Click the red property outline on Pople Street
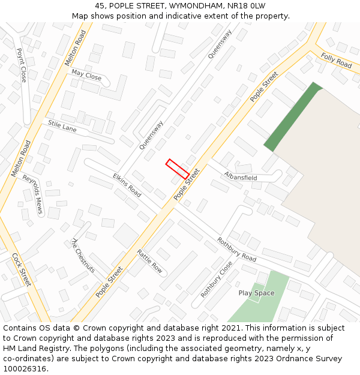(178, 169)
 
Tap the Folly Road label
(336, 60)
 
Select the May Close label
(86, 75)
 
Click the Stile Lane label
(62, 126)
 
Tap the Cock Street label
(22, 269)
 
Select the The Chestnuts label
(83, 256)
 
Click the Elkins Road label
(127, 185)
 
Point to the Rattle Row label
(149, 261)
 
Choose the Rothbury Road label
(236, 250)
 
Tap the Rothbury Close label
(216, 279)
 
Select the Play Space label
(256, 293)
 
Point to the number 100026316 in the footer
(25, 369)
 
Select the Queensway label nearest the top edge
(220, 44)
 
